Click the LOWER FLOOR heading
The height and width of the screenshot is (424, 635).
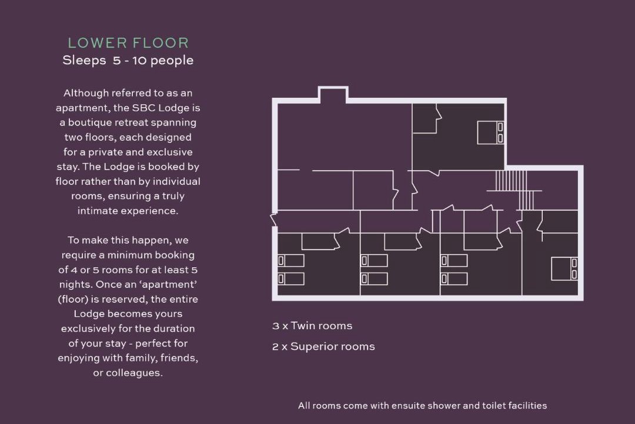point(128,43)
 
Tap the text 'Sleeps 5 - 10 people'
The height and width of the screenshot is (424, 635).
point(128,61)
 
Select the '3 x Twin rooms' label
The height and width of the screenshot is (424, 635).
point(312,326)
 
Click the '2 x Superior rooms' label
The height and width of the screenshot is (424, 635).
point(323,346)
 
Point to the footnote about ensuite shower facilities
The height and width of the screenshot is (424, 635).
point(422,405)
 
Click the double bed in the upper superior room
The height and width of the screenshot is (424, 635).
point(490,132)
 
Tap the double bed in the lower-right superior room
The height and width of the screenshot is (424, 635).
point(564,269)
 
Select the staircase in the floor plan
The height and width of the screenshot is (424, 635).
point(514,190)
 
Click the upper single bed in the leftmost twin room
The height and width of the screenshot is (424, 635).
point(291,260)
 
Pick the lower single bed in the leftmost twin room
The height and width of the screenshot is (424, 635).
point(291,279)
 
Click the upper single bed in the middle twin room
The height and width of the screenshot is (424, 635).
point(374,260)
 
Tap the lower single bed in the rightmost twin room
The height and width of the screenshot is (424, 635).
point(454,279)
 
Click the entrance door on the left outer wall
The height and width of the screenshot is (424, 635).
point(274,219)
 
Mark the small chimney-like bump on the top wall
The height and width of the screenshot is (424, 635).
point(333,93)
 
